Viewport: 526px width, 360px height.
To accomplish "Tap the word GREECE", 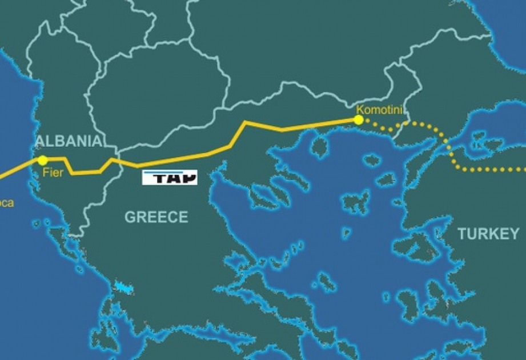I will pyautogui.click(x=156, y=217).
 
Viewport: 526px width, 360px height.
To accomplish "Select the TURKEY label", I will pyautogui.click(x=488, y=234).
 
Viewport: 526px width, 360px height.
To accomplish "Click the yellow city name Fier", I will pyautogui.click(x=53, y=173).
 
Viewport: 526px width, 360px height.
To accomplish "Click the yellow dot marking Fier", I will pyautogui.click(x=42, y=161).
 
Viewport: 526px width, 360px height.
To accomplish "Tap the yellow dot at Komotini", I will pyautogui.click(x=358, y=119).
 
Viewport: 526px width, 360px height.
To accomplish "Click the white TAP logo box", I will pyautogui.click(x=169, y=177).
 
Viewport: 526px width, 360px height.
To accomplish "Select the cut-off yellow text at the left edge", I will pyautogui.click(x=6, y=203).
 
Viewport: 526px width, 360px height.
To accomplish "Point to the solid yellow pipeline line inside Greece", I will pyautogui.click(x=183, y=158).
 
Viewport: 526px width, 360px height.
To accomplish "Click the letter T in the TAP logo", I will pyautogui.click(x=155, y=178).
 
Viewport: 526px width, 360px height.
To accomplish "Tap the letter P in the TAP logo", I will pyautogui.click(x=187, y=177).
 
